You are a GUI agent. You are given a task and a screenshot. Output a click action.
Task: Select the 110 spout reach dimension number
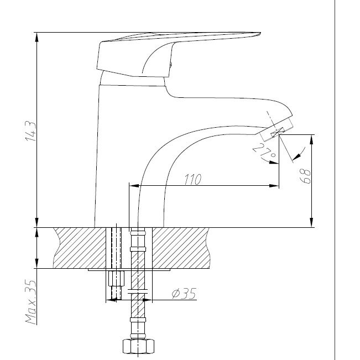(192, 179)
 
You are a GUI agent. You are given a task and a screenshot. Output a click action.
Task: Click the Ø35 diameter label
(184, 294)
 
